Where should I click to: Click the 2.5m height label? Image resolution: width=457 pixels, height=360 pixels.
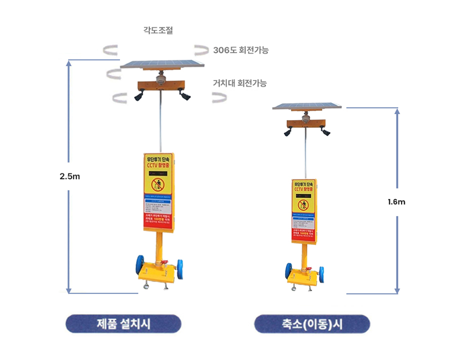click(69, 176)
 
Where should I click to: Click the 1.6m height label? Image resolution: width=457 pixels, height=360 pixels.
click(396, 202)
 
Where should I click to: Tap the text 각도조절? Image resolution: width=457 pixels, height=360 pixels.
click(158, 31)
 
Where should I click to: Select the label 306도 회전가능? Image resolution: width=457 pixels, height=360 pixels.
click(240, 50)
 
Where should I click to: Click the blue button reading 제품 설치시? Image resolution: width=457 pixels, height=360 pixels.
click(123, 323)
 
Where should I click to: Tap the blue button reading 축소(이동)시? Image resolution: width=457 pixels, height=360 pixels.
click(312, 323)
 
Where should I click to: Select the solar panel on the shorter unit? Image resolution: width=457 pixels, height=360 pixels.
click(307, 106)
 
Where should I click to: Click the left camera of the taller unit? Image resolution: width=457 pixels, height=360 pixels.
click(138, 94)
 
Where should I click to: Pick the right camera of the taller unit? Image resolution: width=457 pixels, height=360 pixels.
click(184, 94)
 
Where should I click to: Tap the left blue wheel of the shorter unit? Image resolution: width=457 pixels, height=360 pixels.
click(288, 271)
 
